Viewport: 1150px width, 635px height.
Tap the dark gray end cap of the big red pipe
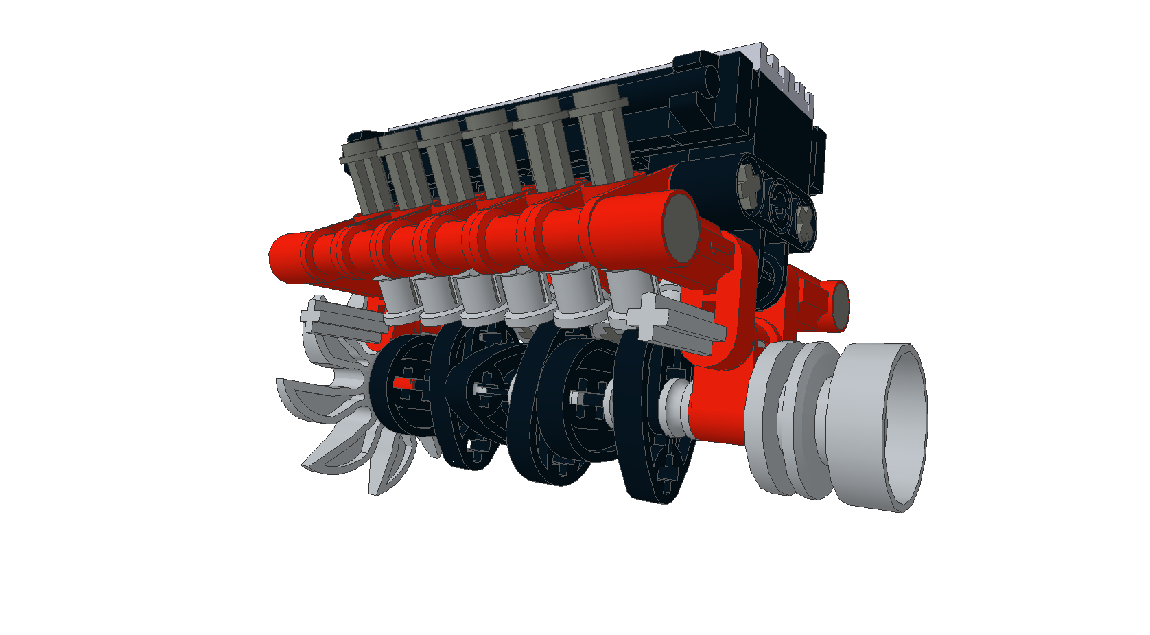coord(681,227)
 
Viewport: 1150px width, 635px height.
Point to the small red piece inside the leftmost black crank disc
coord(403,384)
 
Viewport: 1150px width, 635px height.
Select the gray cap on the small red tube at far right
coord(841,306)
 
